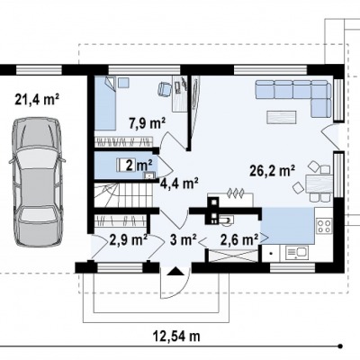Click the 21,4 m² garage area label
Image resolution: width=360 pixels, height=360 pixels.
click(x=37, y=100)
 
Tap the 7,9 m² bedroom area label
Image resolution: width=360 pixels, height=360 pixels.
click(x=148, y=123)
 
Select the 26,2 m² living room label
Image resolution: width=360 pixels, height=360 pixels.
click(x=272, y=171)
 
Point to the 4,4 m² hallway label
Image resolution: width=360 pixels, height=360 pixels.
click(x=179, y=183)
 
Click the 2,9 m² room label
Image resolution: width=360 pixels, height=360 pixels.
click(x=128, y=239)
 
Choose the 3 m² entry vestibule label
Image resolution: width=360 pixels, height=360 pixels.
click(x=183, y=239)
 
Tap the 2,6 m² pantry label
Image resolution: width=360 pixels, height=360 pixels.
click(x=239, y=239)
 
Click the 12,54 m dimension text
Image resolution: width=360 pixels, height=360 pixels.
click(x=177, y=336)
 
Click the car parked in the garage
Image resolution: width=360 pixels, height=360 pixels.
click(x=37, y=182)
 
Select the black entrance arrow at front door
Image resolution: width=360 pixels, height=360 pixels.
click(x=175, y=271)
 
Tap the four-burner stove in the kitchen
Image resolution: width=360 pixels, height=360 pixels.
click(x=324, y=226)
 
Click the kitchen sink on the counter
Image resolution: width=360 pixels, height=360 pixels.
click(x=297, y=253)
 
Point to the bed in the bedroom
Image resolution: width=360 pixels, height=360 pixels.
click(x=105, y=103)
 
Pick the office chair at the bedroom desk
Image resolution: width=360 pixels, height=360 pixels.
click(x=165, y=89)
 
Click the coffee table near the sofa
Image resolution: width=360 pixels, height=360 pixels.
click(x=282, y=117)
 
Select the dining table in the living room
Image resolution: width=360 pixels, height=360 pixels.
click(x=319, y=184)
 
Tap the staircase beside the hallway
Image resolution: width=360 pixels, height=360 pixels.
click(x=124, y=195)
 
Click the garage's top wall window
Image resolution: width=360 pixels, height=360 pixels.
click(x=39, y=70)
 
